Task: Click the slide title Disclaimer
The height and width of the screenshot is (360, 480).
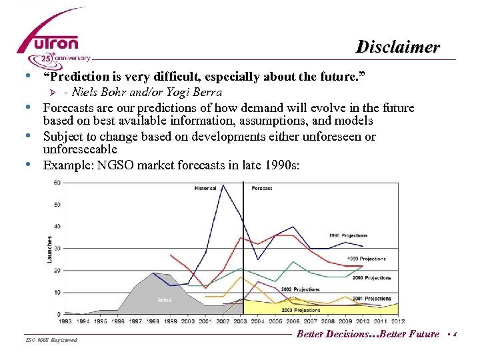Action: tap(397, 47)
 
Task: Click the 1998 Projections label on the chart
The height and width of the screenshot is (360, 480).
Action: tap(347, 235)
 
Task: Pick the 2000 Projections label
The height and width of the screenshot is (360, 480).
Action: tap(372, 277)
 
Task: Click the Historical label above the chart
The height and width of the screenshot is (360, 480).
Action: tap(205, 188)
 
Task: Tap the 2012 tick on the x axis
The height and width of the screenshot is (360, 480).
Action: tap(398, 321)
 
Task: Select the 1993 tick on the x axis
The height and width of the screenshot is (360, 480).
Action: tap(64, 321)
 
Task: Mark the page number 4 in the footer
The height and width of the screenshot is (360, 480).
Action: tap(454, 335)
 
